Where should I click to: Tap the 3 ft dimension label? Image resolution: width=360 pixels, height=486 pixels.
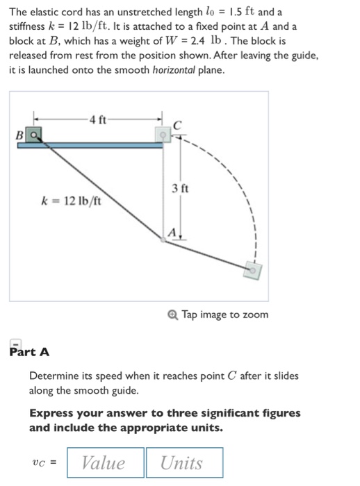click(x=179, y=188)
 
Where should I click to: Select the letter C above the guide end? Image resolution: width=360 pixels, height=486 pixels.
click(x=177, y=125)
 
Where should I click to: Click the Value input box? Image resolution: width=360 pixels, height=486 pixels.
click(x=105, y=463)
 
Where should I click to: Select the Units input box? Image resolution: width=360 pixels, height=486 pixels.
click(x=183, y=463)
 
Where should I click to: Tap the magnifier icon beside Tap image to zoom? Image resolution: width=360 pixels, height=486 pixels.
click(x=173, y=315)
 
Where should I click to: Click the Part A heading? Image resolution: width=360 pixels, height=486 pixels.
click(x=29, y=351)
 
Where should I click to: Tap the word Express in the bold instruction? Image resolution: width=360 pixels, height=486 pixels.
click(x=50, y=413)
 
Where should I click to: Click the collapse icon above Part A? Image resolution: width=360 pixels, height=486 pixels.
click(x=15, y=342)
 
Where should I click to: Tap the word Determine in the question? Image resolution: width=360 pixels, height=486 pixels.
click(x=56, y=376)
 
